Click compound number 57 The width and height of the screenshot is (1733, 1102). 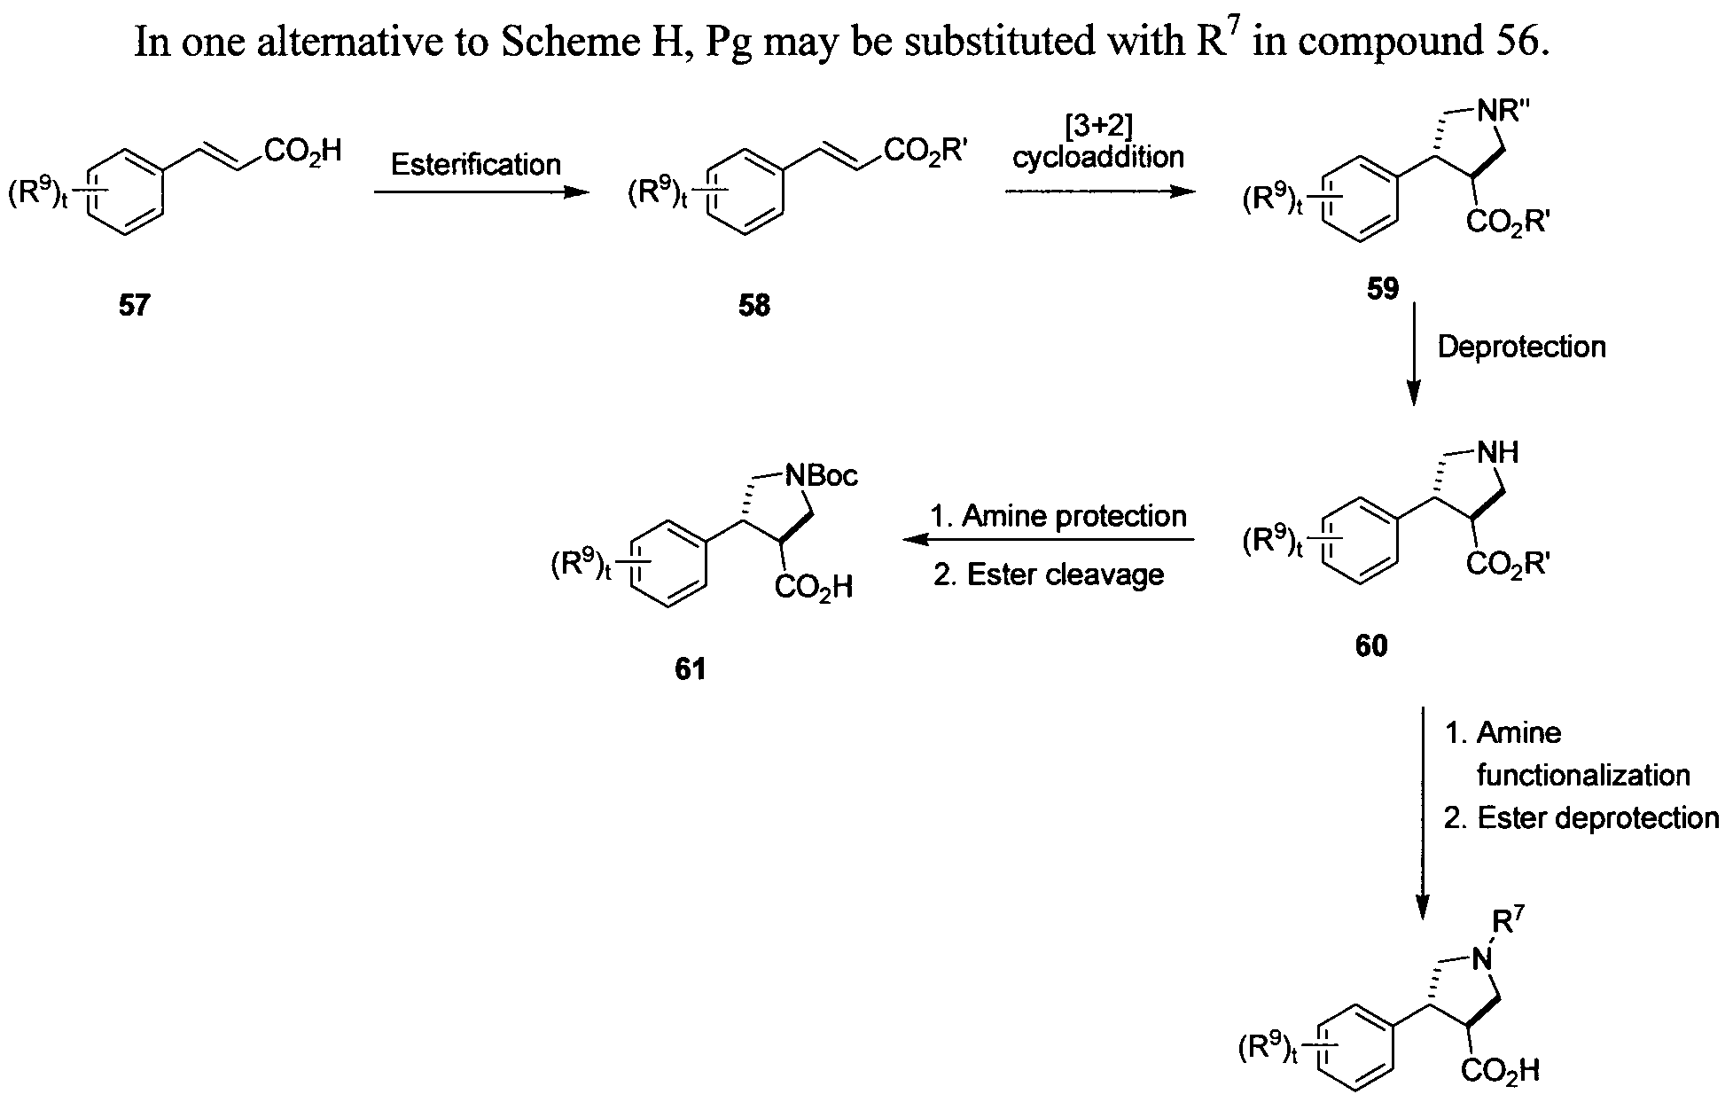click(134, 306)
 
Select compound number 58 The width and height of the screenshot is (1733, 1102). click(753, 306)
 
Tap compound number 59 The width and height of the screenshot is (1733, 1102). click(1383, 289)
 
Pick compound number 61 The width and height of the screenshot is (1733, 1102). click(691, 668)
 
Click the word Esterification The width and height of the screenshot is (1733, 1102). click(476, 164)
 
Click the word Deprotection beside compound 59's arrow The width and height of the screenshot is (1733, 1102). click(1521, 346)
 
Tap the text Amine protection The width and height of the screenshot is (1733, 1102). click(1073, 515)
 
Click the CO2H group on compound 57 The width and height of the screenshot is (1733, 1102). click(301, 152)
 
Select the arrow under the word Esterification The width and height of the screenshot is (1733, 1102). click(480, 192)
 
